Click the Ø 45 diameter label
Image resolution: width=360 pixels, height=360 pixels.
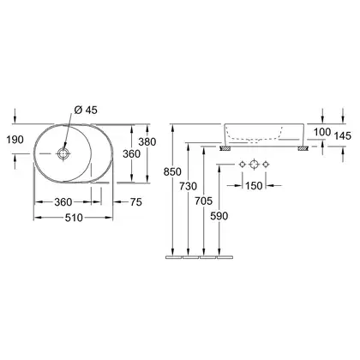tap(86, 110)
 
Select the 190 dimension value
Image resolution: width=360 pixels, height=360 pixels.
tap(15, 140)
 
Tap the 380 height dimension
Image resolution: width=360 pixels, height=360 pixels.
tap(147, 141)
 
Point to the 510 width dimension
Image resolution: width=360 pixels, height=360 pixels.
tap(74, 218)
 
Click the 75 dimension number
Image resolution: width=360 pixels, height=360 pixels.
tap(135, 202)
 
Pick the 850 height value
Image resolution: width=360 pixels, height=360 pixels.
tap(172, 171)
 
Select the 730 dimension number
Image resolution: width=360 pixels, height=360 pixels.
tap(189, 186)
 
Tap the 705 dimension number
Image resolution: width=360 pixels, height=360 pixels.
tap(204, 201)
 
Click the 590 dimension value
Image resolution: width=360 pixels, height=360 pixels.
tap(219, 216)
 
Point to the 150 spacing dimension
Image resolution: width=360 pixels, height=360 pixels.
tap(254, 186)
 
